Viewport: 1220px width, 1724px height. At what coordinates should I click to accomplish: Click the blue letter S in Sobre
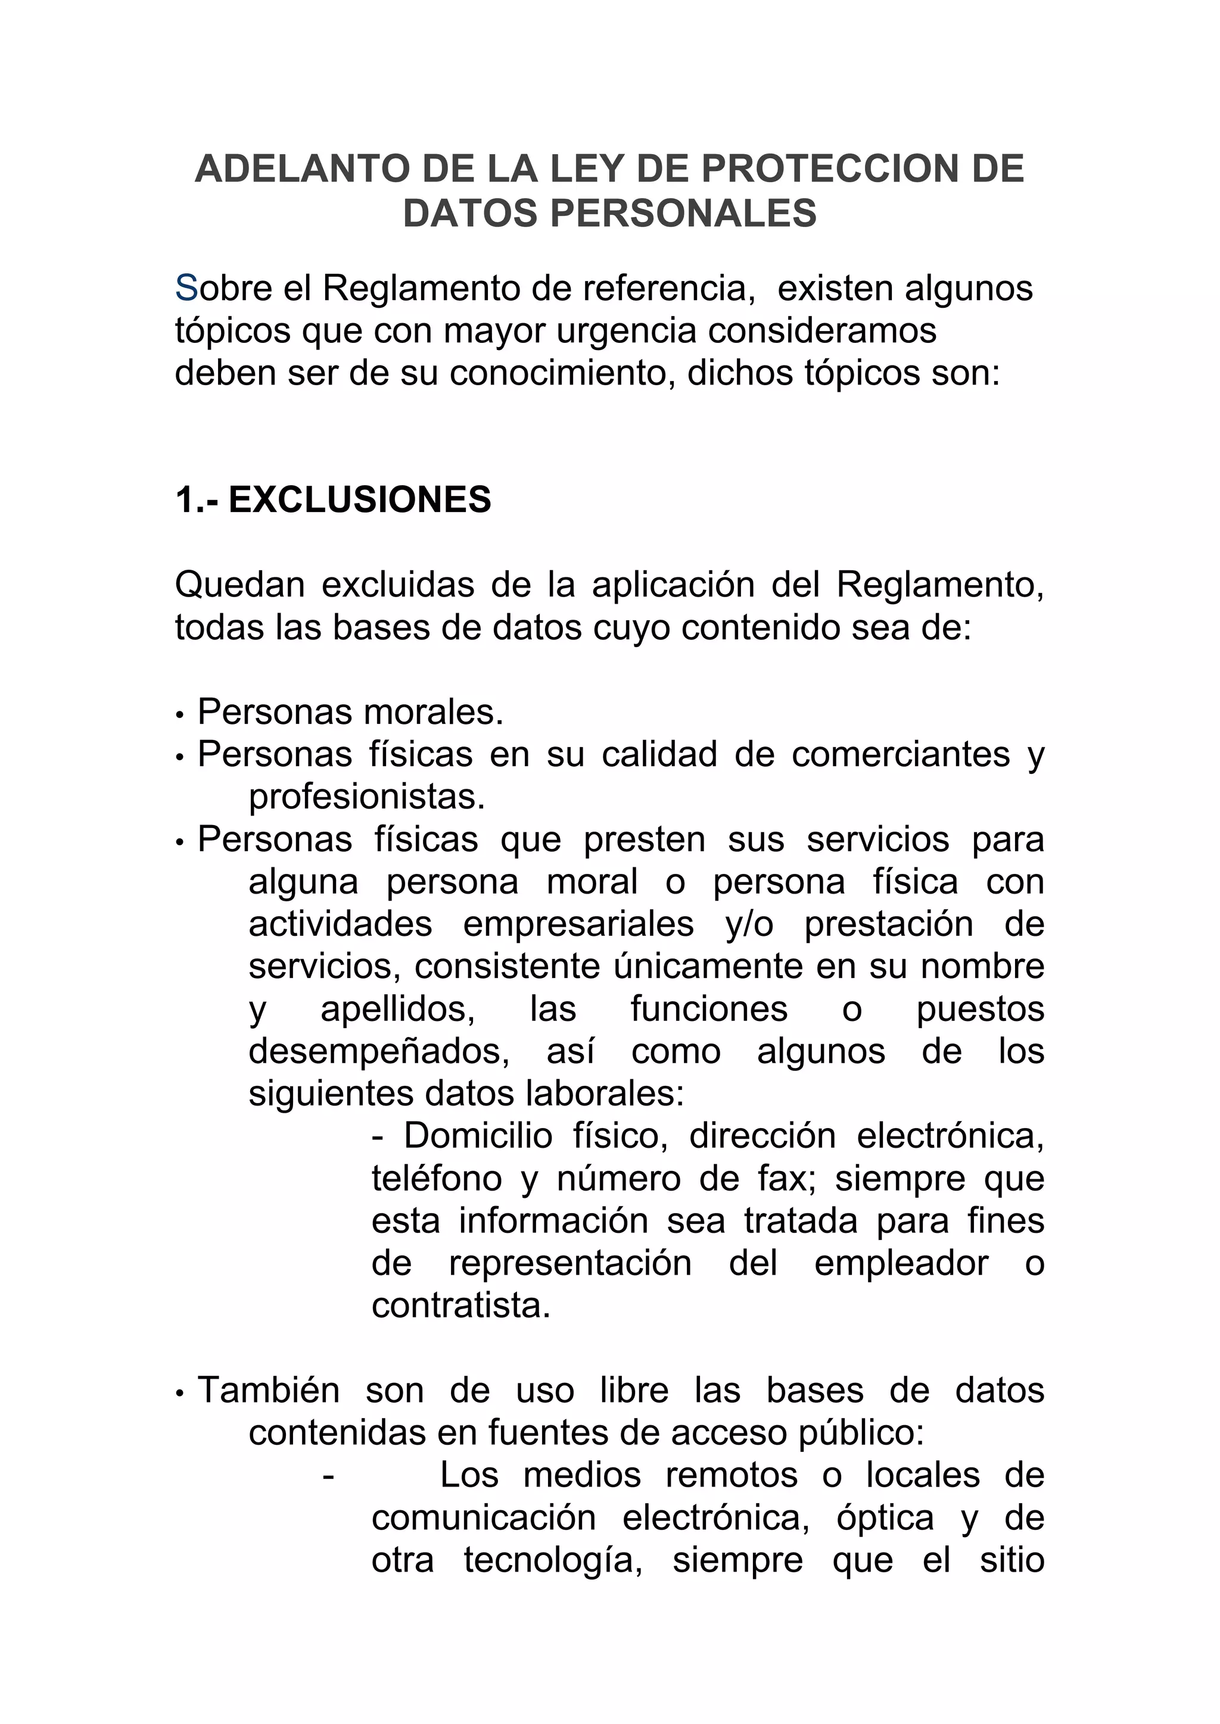(185, 288)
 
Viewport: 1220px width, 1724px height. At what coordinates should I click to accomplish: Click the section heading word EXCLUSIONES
(360, 500)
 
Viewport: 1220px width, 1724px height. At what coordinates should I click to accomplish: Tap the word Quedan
(239, 585)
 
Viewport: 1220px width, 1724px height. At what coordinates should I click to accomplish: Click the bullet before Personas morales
(179, 715)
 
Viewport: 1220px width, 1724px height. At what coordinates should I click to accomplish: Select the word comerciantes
(901, 755)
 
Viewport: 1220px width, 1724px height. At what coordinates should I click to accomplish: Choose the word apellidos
(397, 1009)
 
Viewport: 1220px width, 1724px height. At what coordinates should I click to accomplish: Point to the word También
(268, 1391)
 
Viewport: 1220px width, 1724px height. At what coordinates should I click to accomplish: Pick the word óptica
(885, 1518)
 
